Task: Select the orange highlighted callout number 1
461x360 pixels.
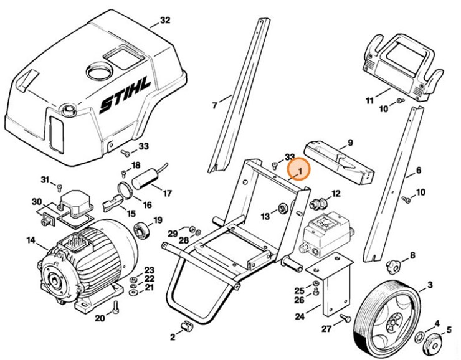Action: tap(298, 169)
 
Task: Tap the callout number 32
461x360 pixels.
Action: tap(164, 21)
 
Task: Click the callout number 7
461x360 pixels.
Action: tap(214, 105)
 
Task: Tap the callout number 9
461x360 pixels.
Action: tap(350, 143)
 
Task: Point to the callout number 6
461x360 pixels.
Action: tap(419, 170)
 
